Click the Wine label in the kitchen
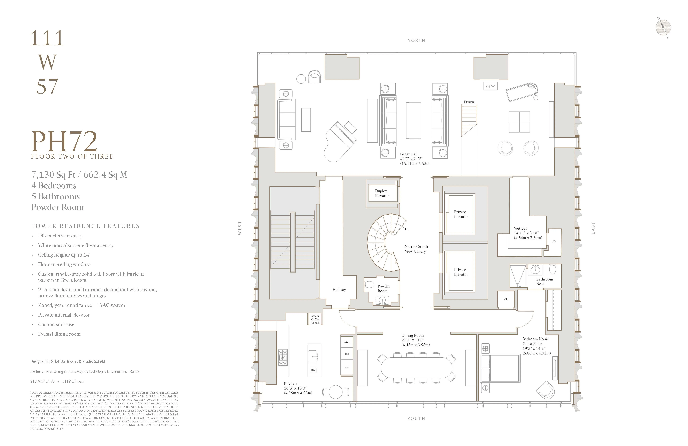click(x=347, y=342)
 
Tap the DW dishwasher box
click(x=313, y=370)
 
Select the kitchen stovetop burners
click(x=283, y=357)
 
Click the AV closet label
click(x=554, y=241)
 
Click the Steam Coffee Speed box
click(x=315, y=319)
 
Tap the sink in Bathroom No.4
click(x=535, y=270)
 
